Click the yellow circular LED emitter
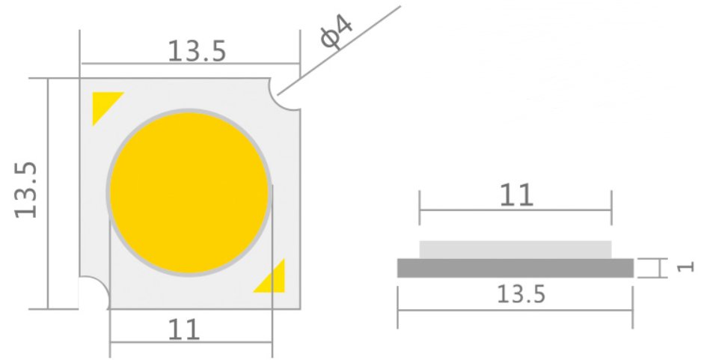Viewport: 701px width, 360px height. coord(189,192)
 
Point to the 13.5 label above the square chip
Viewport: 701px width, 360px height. coord(196,51)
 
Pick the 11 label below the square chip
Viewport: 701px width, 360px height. coord(184,329)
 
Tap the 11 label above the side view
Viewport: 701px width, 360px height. coord(516,195)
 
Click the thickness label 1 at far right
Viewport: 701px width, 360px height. coord(689,266)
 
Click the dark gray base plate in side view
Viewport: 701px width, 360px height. coord(515,268)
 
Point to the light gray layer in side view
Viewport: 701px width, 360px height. coord(515,249)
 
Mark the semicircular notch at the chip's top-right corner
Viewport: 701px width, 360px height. coord(289,96)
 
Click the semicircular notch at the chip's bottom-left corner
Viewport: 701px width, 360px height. coord(94,293)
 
